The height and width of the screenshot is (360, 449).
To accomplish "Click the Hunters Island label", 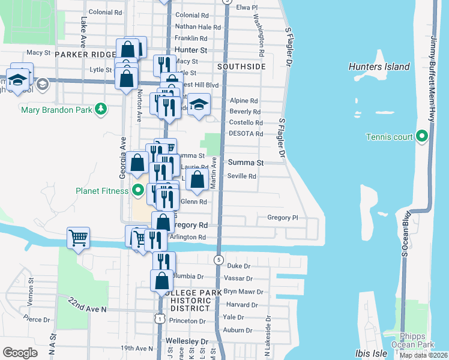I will [x=379, y=67].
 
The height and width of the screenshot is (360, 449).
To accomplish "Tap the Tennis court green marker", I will [x=422, y=137].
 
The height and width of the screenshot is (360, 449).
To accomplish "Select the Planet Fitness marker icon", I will [x=137, y=191].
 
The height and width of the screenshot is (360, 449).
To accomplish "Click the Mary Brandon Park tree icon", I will [x=102, y=109].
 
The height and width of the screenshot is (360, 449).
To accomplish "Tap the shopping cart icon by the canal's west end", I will [x=78, y=238].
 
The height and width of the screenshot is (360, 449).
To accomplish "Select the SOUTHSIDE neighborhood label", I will [x=241, y=67].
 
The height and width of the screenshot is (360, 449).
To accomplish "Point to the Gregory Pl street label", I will [x=282, y=218].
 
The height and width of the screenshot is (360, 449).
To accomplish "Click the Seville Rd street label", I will [x=242, y=176].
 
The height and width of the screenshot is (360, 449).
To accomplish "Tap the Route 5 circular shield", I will [x=218, y=259].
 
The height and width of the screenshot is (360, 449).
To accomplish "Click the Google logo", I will [x=20, y=353].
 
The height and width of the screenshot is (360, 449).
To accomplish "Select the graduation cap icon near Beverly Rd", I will [x=198, y=105].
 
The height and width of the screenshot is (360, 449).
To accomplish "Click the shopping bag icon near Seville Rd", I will [x=197, y=178].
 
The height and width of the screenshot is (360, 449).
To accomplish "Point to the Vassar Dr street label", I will [x=236, y=278].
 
